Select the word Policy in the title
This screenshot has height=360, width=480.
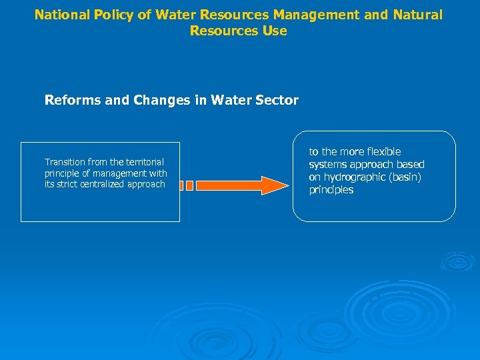(117, 15)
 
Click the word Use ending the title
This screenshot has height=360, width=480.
(275, 31)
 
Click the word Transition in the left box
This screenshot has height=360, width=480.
(65, 162)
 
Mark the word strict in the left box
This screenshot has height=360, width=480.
(67, 184)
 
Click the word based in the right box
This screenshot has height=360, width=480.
(411, 165)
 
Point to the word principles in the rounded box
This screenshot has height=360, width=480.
(331, 190)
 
